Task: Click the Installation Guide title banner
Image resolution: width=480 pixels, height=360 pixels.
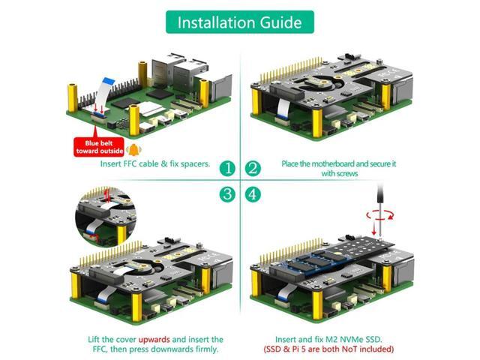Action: [x=239, y=22]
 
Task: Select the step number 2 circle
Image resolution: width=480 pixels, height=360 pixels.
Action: [x=253, y=168]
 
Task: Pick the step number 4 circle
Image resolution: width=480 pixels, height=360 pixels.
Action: [x=253, y=194]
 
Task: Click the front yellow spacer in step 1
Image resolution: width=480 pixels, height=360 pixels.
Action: [x=134, y=119]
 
